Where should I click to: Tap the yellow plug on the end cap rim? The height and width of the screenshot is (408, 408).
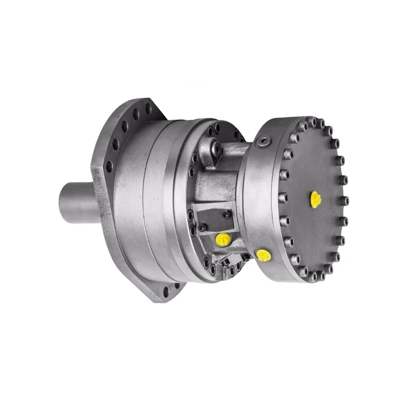pyautogui.click(x=263, y=254)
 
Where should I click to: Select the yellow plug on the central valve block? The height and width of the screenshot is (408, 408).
pyautogui.click(x=223, y=239)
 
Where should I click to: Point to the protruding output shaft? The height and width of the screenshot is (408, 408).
pyautogui.click(x=76, y=201)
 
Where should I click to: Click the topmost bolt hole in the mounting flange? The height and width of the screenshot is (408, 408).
pyautogui.click(x=148, y=108)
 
